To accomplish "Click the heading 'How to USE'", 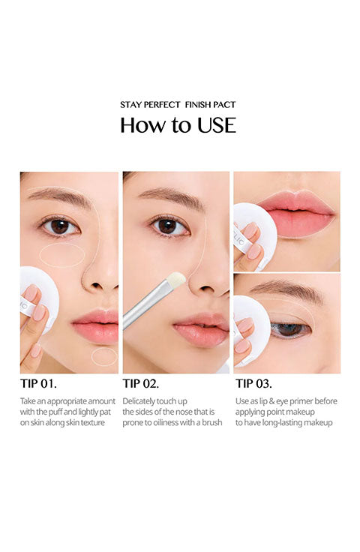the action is click(x=178, y=125).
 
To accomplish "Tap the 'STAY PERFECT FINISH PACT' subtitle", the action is click(x=178, y=104).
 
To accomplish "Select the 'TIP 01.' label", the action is click(x=38, y=383).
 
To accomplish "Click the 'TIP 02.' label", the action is click(x=141, y=383).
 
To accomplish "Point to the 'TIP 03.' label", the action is click(x=253, y=383).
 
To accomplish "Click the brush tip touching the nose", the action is click(x=176, y=280).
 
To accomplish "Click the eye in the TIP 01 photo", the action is click(x=60, y=226).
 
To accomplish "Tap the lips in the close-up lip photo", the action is click(x=296, y=213).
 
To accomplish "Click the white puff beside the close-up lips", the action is click(x=255, y=235).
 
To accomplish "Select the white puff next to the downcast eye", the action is click(x=252, y=331).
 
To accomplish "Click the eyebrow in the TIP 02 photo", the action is click(x=172, y=196).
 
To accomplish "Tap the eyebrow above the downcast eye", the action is click(x=286, y=291).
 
